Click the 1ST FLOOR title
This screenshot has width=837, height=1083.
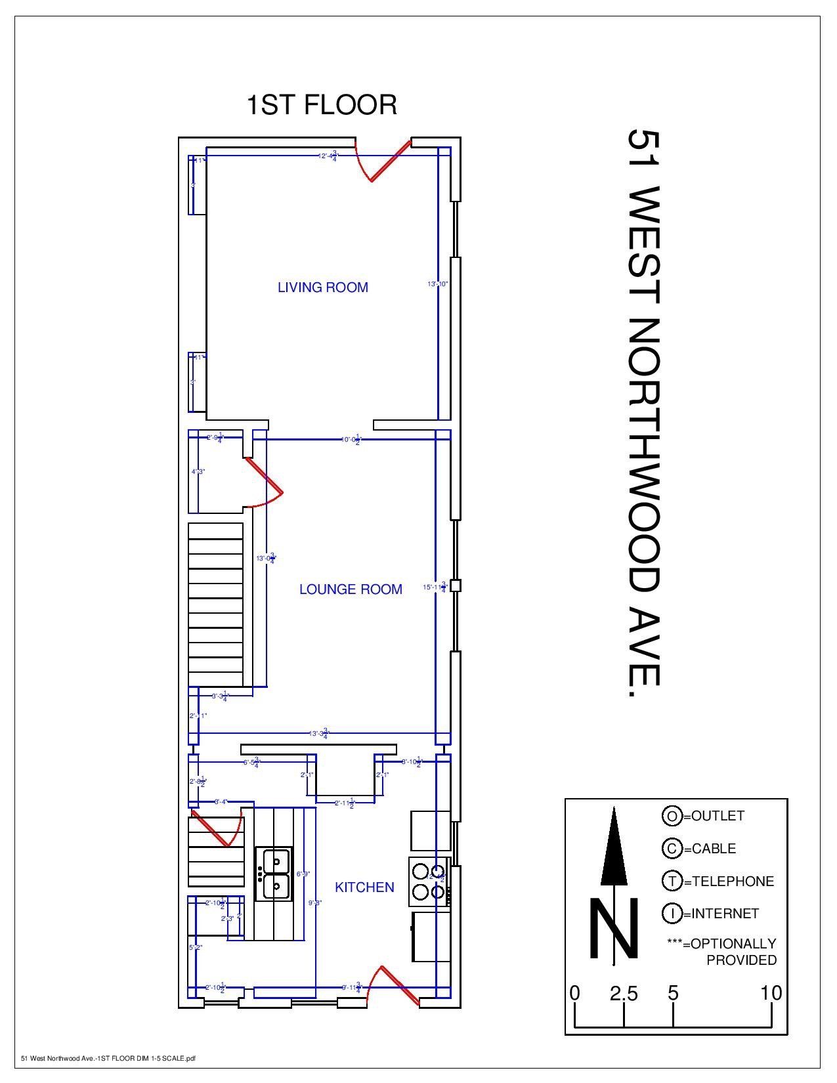coord(322,105)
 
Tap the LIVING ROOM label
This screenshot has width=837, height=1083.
coord(323,287)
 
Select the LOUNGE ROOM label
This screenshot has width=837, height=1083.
coord(351,589)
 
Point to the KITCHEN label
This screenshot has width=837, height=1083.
coord(364,887)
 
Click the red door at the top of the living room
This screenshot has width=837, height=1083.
coord(381,161)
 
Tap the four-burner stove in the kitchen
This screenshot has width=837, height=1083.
coord(429,881)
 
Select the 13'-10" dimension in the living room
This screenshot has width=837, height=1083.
coord(437,284)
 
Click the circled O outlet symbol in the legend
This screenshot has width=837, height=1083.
coord(672,816)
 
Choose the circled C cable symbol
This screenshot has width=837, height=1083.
coord(672,849)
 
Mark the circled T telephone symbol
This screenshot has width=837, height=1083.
coord(672,881)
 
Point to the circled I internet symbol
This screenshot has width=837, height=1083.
coord(672,914)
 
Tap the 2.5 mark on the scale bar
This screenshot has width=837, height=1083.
coord(624,994)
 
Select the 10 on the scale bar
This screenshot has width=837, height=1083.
coord(771,994)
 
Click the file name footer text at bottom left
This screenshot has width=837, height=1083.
coord(108,1058)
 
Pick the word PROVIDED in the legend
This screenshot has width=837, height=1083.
coord(741,960)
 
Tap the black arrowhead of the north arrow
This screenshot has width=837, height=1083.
coord(614,847)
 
